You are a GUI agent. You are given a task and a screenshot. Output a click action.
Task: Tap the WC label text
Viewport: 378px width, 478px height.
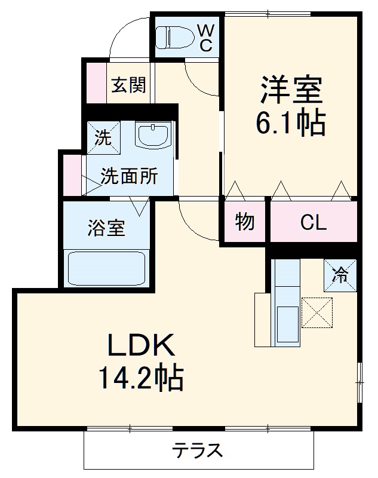tap(205, 37)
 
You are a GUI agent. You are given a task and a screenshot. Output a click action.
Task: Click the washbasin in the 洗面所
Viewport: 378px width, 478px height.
tap(154, 136)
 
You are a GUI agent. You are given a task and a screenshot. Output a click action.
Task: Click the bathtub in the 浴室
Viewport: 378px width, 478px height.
tap(107, 268)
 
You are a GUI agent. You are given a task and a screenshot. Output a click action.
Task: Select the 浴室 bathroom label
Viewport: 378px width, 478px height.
tap(107, 228)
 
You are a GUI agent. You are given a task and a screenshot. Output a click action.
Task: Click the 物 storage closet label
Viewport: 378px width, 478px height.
tap(245, 222)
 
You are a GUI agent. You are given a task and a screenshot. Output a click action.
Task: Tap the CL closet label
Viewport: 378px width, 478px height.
tap(314, 223)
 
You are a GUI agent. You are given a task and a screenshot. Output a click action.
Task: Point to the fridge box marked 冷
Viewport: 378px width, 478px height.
tap(340, 274)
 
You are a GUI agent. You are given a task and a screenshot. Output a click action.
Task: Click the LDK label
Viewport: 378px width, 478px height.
tap(140, 345)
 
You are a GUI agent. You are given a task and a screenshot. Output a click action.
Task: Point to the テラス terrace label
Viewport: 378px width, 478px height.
tap(198, 450)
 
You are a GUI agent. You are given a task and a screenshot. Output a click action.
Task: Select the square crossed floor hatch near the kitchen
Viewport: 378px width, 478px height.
tap(316, 312)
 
